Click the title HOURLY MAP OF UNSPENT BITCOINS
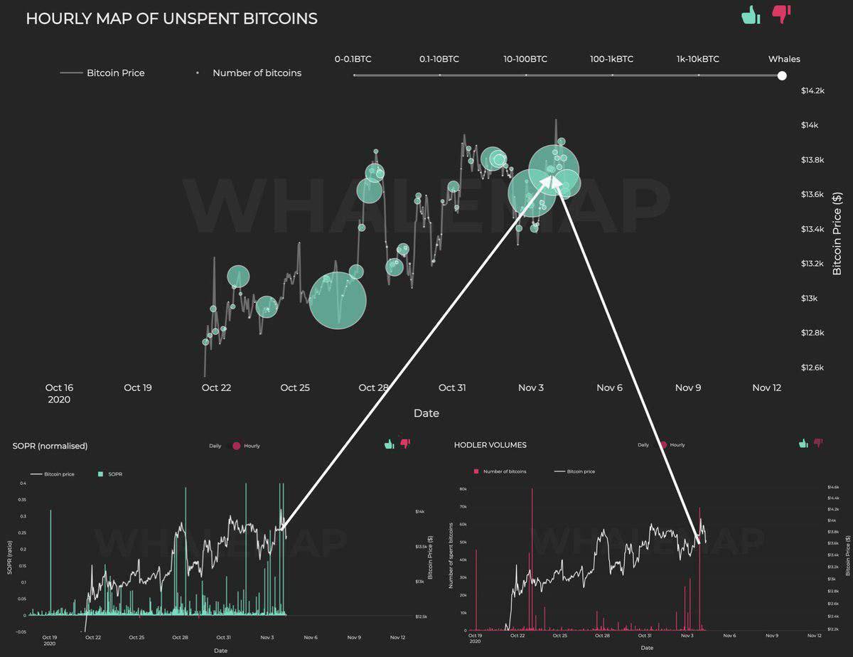click(171, 19)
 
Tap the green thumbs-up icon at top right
click(751, 14)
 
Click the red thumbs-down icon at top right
click(781, 14)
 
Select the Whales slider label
click(783, 59)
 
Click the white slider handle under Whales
click(782, 75)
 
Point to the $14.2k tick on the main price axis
click(812, 90)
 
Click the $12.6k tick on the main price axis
click(812, 368)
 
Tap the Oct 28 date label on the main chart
click(373, 388)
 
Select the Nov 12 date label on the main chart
click(766, 388)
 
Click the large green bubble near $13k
click(338, 300)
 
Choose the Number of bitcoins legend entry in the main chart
click(257, 73)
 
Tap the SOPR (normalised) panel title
click(50, 446)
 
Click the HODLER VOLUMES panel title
click(490, 445)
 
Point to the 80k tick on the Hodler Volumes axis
click(461, 489)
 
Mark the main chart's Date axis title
click(426, 413)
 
